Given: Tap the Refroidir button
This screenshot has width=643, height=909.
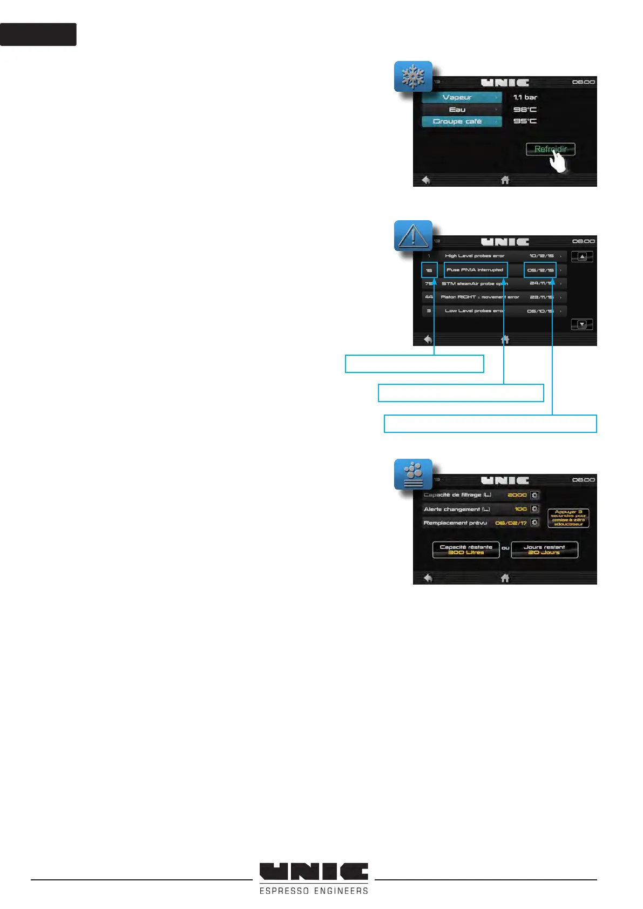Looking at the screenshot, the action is [x=550, y=150].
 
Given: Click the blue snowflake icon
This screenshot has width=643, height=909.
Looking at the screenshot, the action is [x=413, y=77].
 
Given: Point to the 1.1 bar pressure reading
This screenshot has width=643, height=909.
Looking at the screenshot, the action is [x=525, y=98].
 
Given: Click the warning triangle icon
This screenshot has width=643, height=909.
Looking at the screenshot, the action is [x=413, y=236].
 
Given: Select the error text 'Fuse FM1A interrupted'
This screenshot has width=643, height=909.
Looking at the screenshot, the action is [x=475, y=270].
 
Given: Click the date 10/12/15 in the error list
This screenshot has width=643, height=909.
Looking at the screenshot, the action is [x=542, y=256].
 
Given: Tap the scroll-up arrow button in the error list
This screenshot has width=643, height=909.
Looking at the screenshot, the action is [x=582, y=257].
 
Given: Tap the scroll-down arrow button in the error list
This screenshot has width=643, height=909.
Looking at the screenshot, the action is [x=582, y=324].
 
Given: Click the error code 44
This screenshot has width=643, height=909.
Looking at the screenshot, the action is [x=429, y=297].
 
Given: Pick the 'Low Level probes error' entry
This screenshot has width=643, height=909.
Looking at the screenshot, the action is [x=474, y=311].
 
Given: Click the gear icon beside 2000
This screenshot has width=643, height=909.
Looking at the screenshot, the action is [x=534, y=495].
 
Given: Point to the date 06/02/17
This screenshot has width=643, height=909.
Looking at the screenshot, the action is [x=511, y=523].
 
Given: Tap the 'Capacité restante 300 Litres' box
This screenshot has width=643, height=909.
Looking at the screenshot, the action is [x=466, y=550].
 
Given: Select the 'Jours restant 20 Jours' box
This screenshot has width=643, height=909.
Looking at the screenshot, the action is [x=544, y=550].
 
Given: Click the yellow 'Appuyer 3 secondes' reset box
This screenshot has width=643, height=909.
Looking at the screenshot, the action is [x=568, y=518].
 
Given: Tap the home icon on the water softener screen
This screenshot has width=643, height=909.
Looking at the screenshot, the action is [x=505, y=578].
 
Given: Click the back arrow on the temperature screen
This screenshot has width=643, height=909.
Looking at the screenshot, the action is [x=426, y=180].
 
